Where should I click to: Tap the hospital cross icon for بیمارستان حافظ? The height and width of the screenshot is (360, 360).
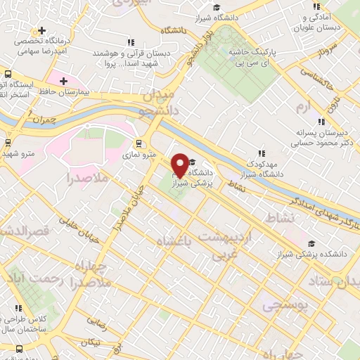click(64, 82)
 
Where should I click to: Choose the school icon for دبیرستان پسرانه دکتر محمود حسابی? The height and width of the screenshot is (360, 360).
click(321, 122)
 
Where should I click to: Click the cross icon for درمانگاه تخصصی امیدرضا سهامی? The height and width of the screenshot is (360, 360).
click(43, 30)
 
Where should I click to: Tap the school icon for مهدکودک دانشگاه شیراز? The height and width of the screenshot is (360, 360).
click(262, 153)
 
